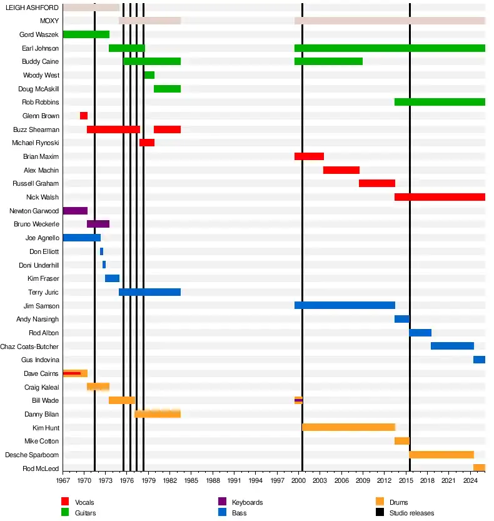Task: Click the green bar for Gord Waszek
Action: click(86, 34)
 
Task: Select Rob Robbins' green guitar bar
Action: click(440, 102)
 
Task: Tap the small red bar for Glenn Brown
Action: click(83, 116)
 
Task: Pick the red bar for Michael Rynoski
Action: click(147, 143)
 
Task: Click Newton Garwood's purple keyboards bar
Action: click(75, 211)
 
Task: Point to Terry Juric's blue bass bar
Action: click(149, 292)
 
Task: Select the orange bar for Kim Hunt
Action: click(348, 427)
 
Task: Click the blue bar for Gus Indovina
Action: click(479, 360)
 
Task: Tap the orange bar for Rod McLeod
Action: click(479, 468)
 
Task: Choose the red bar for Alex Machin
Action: click(341, 170)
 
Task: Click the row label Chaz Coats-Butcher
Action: click(29, 346)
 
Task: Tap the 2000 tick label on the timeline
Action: click(298, 480)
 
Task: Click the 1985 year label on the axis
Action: click(191, 480)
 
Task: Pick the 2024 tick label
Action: click(470, 480)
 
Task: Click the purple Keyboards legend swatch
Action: click(221, 502)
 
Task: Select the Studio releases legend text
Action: click(411, 513)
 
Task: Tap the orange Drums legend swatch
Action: click(379, 502)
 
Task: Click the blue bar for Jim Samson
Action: click(345, 305)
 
